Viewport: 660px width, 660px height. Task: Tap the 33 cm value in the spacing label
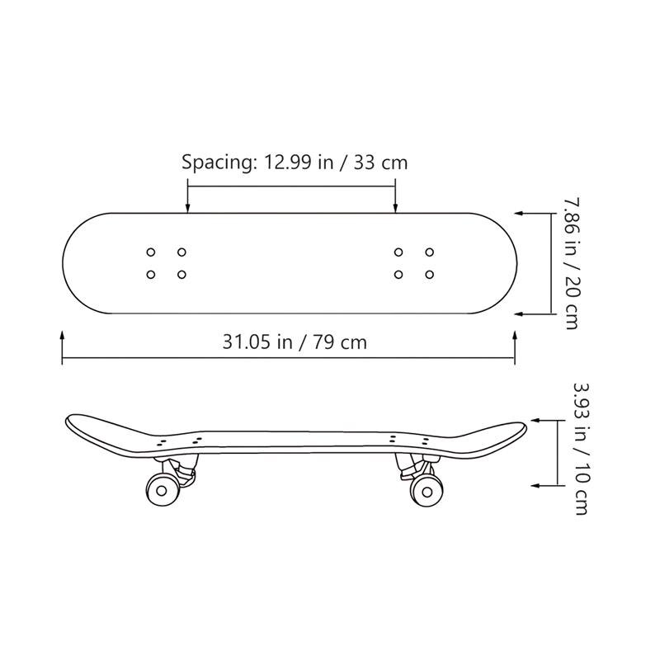(380, 162)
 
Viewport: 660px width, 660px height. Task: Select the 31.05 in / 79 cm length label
(295, 342)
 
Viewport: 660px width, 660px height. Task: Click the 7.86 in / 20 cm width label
(568, 262)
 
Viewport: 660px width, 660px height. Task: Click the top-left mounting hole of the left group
(151, 252)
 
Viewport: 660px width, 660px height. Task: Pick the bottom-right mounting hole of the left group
(181, 274)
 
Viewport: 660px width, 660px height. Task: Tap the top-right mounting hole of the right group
(429, 252)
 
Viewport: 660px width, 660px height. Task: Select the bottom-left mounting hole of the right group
(399, 274)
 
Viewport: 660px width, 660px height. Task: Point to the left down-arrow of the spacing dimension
(188, 210)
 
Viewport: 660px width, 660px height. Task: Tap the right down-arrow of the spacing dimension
(396, 210)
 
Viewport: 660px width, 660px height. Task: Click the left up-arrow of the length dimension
(63, 335)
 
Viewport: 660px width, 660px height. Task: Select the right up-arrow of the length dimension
(516, 335)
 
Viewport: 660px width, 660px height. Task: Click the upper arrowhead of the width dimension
(522, 213)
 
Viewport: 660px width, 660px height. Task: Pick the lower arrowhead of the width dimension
(521, 314)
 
